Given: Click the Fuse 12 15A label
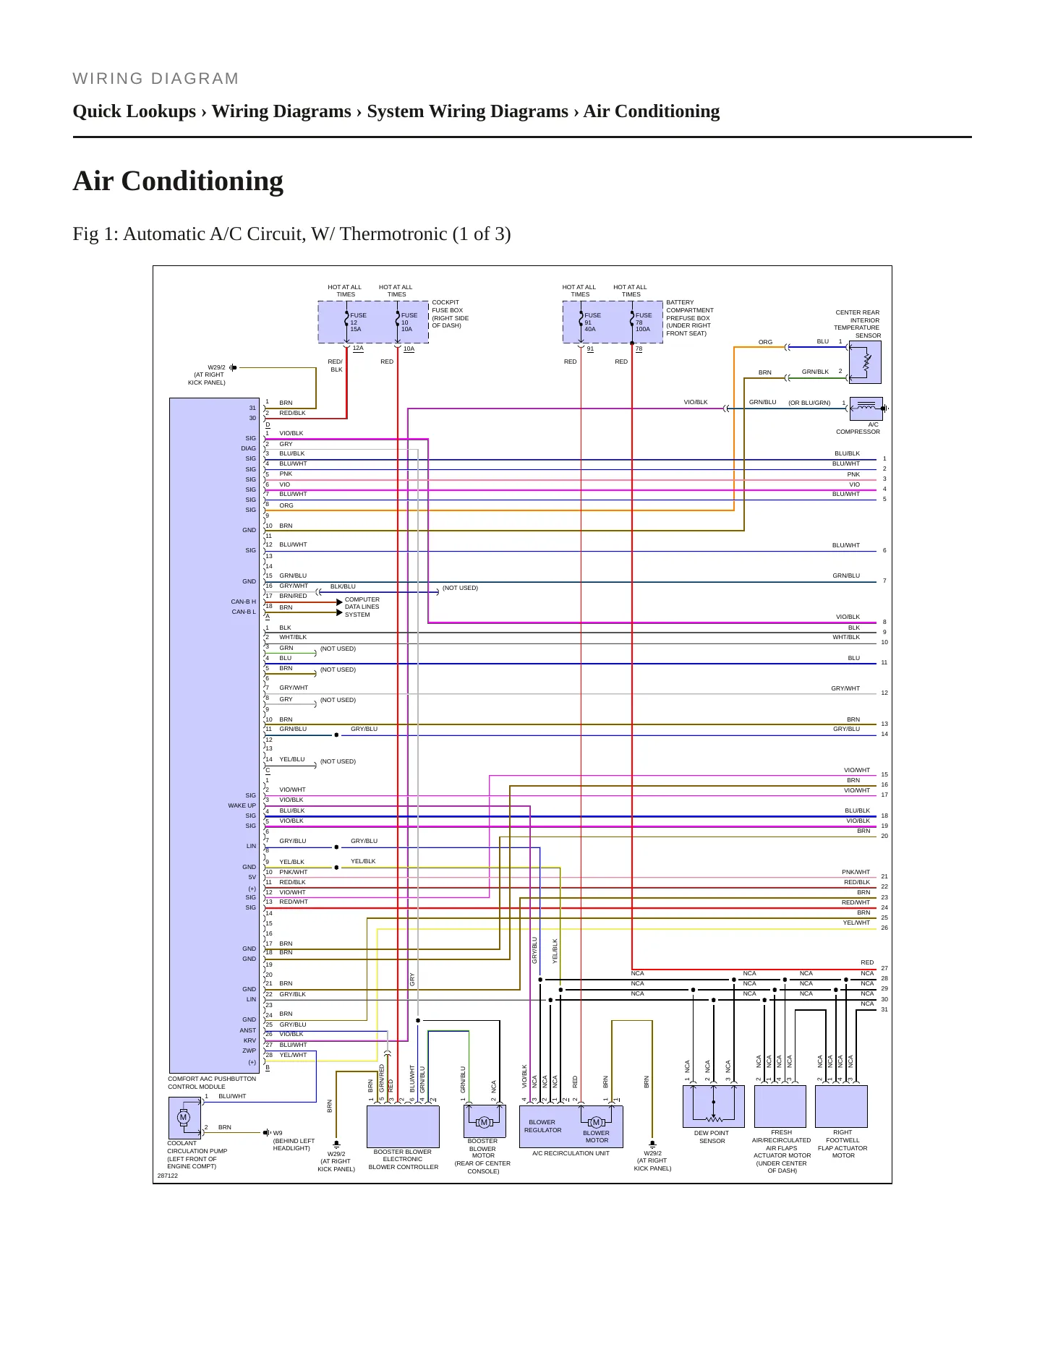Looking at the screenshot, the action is pos(358,322).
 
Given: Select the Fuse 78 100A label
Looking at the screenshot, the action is pos(644,322).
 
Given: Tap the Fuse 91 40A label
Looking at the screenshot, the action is pos(592,322).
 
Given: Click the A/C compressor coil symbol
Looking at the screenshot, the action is pos(866,408).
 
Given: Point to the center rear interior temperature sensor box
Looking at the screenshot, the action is pos(866,362).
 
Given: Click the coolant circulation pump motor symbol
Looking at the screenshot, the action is pos(184,1117).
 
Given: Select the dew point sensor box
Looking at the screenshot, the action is pos(713,1106).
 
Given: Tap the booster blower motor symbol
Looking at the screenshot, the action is pos(484,1121).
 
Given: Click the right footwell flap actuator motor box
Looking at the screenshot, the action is pos(840,1106).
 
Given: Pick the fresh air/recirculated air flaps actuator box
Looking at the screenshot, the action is pos(780,1106).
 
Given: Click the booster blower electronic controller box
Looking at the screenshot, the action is pos(403,1126).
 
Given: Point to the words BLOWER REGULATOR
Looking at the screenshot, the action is pos(542,1126).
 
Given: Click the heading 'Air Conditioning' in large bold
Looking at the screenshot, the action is pos(178,181).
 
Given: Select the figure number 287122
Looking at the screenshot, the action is pos(167,1176).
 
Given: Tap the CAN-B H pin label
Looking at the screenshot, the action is pos(244,602).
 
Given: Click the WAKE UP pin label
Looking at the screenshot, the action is pos(242,805).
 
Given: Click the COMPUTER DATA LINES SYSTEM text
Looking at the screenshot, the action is pos(362,607).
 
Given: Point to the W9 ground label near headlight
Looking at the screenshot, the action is pos(278,1133).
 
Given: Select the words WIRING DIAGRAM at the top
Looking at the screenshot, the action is pos(155,79).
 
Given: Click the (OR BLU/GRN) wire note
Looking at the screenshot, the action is pos(809,403).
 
